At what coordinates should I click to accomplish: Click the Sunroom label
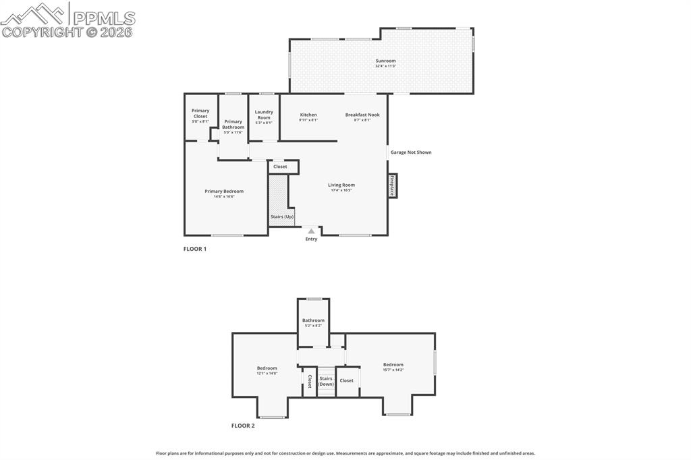385,61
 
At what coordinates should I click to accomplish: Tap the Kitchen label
308,115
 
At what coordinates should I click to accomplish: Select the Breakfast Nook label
362,115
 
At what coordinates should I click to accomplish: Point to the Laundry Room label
264,115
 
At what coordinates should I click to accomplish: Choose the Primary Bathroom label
233,125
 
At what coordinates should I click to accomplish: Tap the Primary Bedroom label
224,192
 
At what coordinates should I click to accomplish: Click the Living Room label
341,185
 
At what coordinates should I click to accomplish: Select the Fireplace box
392,185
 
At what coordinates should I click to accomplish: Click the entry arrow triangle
311,231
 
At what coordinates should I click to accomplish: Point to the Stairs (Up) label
282,217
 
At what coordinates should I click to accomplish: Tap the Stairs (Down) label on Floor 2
326,381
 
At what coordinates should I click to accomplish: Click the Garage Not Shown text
411,152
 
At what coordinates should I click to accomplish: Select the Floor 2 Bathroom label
313,320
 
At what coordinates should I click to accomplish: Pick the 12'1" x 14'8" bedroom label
267,368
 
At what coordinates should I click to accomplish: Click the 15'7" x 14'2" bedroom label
393,365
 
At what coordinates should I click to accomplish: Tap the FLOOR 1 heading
195,249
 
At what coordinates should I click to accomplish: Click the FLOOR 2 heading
243,426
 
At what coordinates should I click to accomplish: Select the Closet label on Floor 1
280,167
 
